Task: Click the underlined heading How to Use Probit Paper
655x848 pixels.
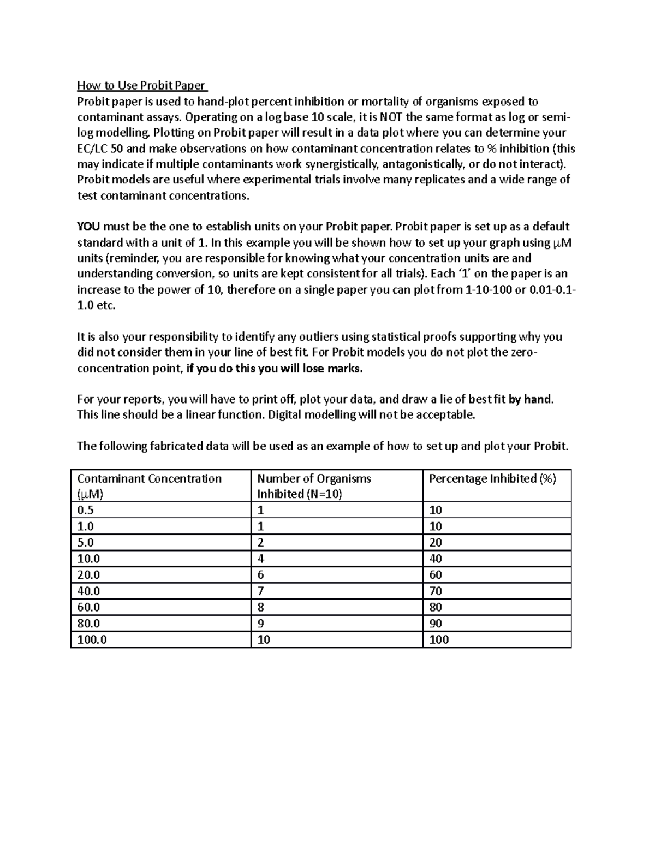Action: [141, 85]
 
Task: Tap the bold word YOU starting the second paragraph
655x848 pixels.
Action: [88, 227]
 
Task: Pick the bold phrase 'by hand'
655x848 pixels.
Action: [531, 399]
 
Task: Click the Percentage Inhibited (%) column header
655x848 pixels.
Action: [492, 479]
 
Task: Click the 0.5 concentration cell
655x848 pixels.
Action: [86, 510]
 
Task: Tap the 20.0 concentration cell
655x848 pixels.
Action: [88, 574]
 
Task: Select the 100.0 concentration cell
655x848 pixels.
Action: [92, 639]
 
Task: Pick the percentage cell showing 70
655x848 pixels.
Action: [436, 591]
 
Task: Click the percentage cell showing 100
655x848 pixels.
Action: [439, 639]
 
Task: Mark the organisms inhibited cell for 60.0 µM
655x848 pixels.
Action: [261, 607]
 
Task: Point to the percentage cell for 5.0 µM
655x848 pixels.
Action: [436, 542]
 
